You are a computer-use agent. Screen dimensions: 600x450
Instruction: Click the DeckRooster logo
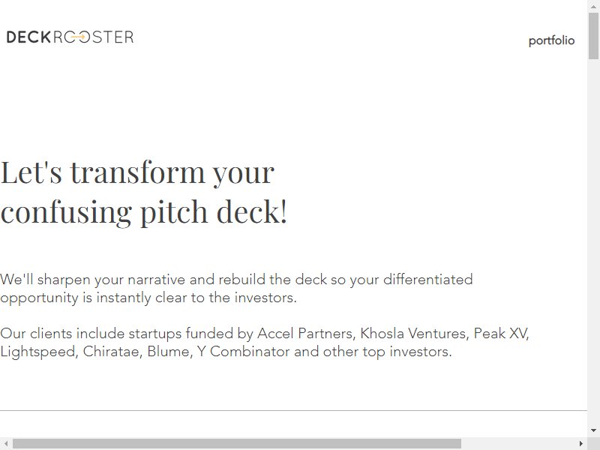click(x=70, y=37)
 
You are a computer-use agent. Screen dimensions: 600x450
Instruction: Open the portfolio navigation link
click(x=551, y=40)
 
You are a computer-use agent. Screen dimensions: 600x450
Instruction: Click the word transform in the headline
click(x=138, y=172)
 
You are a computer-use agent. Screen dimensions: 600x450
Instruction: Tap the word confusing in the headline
click(x=66, y=212)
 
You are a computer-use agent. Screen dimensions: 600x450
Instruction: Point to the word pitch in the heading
click(x=174, y=212)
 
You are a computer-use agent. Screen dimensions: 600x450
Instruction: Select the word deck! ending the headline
click(x=252, y=211)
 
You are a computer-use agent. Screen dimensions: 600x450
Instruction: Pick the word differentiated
click(x=427, y=279)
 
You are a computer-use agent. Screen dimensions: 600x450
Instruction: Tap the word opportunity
click(x=39, y=298)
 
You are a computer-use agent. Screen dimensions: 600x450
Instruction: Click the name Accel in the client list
click(x=275, y=333)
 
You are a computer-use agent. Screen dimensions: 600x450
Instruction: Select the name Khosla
click(x=382, y=333)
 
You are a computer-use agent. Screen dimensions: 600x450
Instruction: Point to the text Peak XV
click(x=501, y=333)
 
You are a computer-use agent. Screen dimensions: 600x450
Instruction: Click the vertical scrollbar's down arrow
click(x=593, y=430)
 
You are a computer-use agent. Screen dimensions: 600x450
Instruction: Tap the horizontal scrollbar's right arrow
click(x=581, y=443)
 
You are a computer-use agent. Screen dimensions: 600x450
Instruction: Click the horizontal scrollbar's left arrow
click(x=6, y=443)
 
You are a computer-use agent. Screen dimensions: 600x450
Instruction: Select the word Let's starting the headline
click(x=31, y=172)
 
